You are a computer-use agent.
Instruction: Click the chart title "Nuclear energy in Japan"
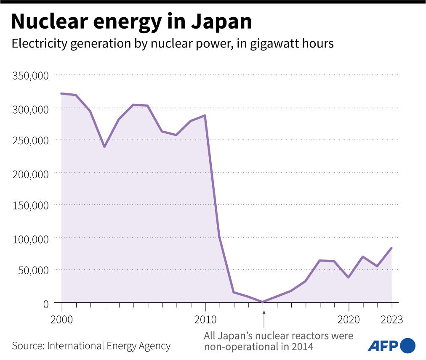click(131, 22)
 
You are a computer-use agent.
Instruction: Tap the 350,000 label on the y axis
click(31, 76)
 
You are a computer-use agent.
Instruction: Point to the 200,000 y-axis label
click(31, 173)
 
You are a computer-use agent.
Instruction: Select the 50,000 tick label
click(33, 270)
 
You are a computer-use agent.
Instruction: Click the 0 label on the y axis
click(45, 303)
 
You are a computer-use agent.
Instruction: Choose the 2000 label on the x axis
click(62, 320)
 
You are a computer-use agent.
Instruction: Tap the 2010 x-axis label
click(205, 320)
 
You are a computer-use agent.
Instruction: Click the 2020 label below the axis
click(349, 320)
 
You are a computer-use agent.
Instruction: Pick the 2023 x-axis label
click(391, 320)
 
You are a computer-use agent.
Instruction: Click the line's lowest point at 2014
click(263, 302)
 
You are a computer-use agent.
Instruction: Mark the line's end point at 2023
click(391, 248)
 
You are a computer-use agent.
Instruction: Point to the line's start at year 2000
click(62, 93)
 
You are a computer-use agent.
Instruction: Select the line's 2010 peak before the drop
click(205, 115)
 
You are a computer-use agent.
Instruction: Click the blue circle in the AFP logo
click(407, 346)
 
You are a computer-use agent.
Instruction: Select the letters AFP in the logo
click(383, 346)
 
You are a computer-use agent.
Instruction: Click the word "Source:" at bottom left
click(28, 346)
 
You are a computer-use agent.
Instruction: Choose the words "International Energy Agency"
click(109, 346)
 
